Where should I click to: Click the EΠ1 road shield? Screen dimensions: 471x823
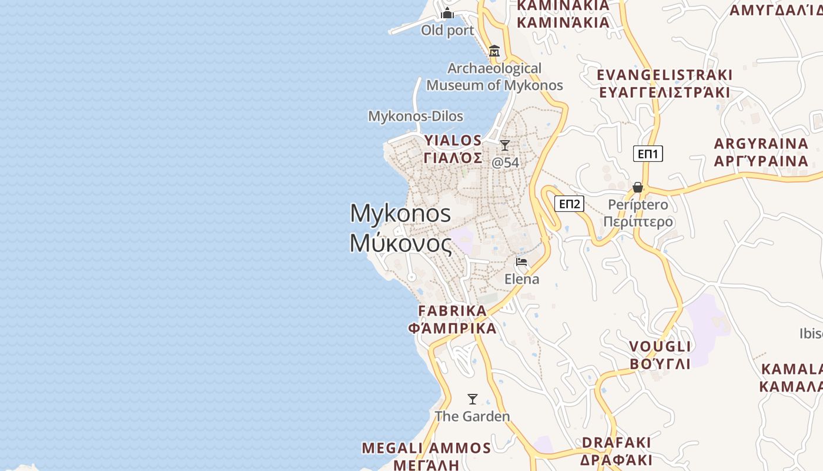(x=648, y=154)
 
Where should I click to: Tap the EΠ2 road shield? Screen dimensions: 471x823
(x=569, y=204)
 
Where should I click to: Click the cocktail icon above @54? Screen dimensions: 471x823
(x=504, y=145)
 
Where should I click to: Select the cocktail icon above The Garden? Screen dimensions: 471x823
(x=472, y=399)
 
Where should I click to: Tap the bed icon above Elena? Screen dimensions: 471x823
(x=521, y=262)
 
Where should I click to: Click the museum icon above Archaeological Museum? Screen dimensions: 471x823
(x=494, y=51)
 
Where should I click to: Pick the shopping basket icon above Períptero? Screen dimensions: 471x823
(x=638, y=188)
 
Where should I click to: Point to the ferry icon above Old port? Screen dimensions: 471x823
(x=447, y=13)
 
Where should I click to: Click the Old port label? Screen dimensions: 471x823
(x=447, y=31)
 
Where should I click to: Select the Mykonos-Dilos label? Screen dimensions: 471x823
(x=416, y=117)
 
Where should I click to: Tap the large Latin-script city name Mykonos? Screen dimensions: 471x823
(x=400, y=213)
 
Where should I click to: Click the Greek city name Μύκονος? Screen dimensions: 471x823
(x=400, y=243)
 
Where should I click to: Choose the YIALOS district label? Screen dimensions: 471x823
(x=453, y=141)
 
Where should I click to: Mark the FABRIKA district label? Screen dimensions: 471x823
(x=452, y=311)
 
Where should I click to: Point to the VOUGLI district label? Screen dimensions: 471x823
(x=660, y=346)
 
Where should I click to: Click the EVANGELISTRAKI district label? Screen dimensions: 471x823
(x=664, y=75)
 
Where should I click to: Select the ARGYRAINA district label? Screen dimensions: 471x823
(x=761, y=144)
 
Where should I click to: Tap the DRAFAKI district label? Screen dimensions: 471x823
(x=616, y=443)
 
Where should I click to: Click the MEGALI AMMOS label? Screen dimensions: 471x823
(x=426, y=448)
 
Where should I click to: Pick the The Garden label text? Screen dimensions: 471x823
(x=472, y=417)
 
